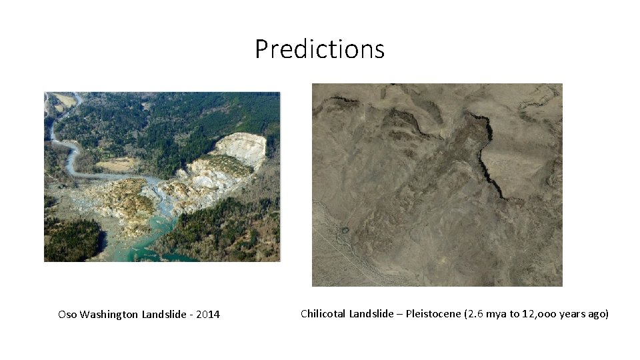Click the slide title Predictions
pos(319,49)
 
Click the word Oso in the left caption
pos(67,315)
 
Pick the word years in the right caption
pos(573,314)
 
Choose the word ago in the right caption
pos(599,314)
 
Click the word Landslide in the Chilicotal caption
pos(372,314)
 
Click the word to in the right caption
pos(515,314)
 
